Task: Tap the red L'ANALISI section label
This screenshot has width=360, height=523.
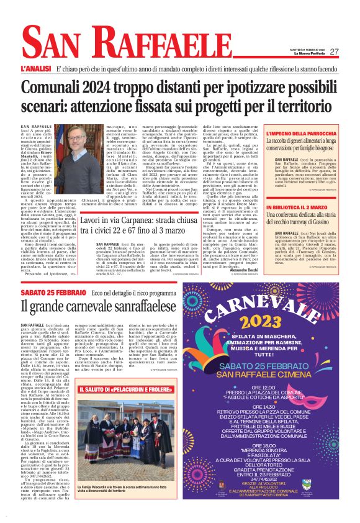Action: click(35, 66)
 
